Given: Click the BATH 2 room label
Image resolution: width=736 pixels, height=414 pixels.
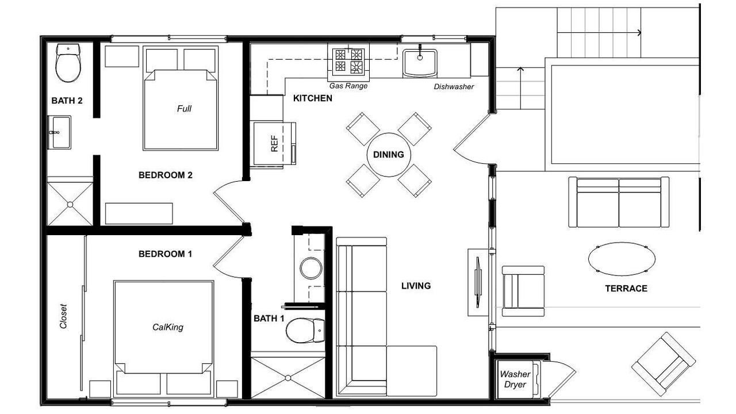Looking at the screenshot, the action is pos(67,101).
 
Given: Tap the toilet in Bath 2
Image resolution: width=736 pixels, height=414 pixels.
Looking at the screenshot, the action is pos(68,63).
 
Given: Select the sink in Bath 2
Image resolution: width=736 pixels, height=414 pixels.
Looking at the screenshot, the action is pos(59,132).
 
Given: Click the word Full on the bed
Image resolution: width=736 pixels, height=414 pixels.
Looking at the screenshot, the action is pos(184,109).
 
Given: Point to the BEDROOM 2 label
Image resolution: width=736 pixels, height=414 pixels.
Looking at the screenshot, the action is pos(165,175).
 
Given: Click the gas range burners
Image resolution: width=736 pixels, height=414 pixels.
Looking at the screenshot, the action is pos(348,61).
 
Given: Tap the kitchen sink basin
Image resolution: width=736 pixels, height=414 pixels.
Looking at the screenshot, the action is pos(420,62).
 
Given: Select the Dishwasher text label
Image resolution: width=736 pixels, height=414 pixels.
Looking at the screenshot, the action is pos(454,87).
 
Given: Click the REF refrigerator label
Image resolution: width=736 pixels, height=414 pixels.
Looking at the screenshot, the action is pos(274,144).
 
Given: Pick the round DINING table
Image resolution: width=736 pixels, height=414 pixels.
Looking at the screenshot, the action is pos(389,155).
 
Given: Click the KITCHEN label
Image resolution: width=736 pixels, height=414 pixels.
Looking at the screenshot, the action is pos(312,98).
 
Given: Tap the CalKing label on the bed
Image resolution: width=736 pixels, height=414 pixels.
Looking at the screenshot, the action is pos(168,327).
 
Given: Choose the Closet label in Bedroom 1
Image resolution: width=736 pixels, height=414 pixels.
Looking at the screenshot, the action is pos(63,316).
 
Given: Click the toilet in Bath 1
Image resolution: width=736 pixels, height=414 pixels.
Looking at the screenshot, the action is pos(305,331).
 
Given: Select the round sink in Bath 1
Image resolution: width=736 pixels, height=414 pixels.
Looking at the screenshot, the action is pos(311,269).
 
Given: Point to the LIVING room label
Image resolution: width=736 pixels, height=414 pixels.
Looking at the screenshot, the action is pos(416,286).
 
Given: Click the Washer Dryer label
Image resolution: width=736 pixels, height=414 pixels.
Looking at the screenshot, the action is pos(515,379).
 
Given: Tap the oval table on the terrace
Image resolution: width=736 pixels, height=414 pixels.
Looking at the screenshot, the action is pos(622,259).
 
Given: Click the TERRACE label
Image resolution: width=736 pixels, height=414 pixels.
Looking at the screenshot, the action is pos(626,289).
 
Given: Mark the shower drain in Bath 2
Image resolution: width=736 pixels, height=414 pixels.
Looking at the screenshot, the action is pos(70,204).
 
